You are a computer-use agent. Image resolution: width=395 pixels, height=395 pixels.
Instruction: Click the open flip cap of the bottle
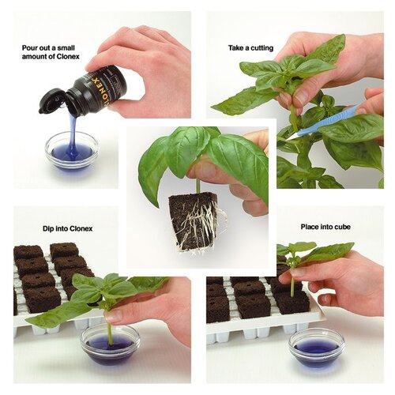coord(52,100)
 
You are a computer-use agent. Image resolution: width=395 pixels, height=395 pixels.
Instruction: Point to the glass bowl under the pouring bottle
coord(71,150)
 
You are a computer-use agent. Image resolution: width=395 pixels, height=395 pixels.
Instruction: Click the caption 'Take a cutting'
coord(251,48)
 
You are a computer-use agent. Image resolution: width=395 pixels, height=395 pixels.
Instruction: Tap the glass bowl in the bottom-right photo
coord(316,348)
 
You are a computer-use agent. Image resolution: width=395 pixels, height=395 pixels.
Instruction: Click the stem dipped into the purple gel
coord(110,332)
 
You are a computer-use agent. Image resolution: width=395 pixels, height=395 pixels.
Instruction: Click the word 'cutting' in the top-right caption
coord(260,48)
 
